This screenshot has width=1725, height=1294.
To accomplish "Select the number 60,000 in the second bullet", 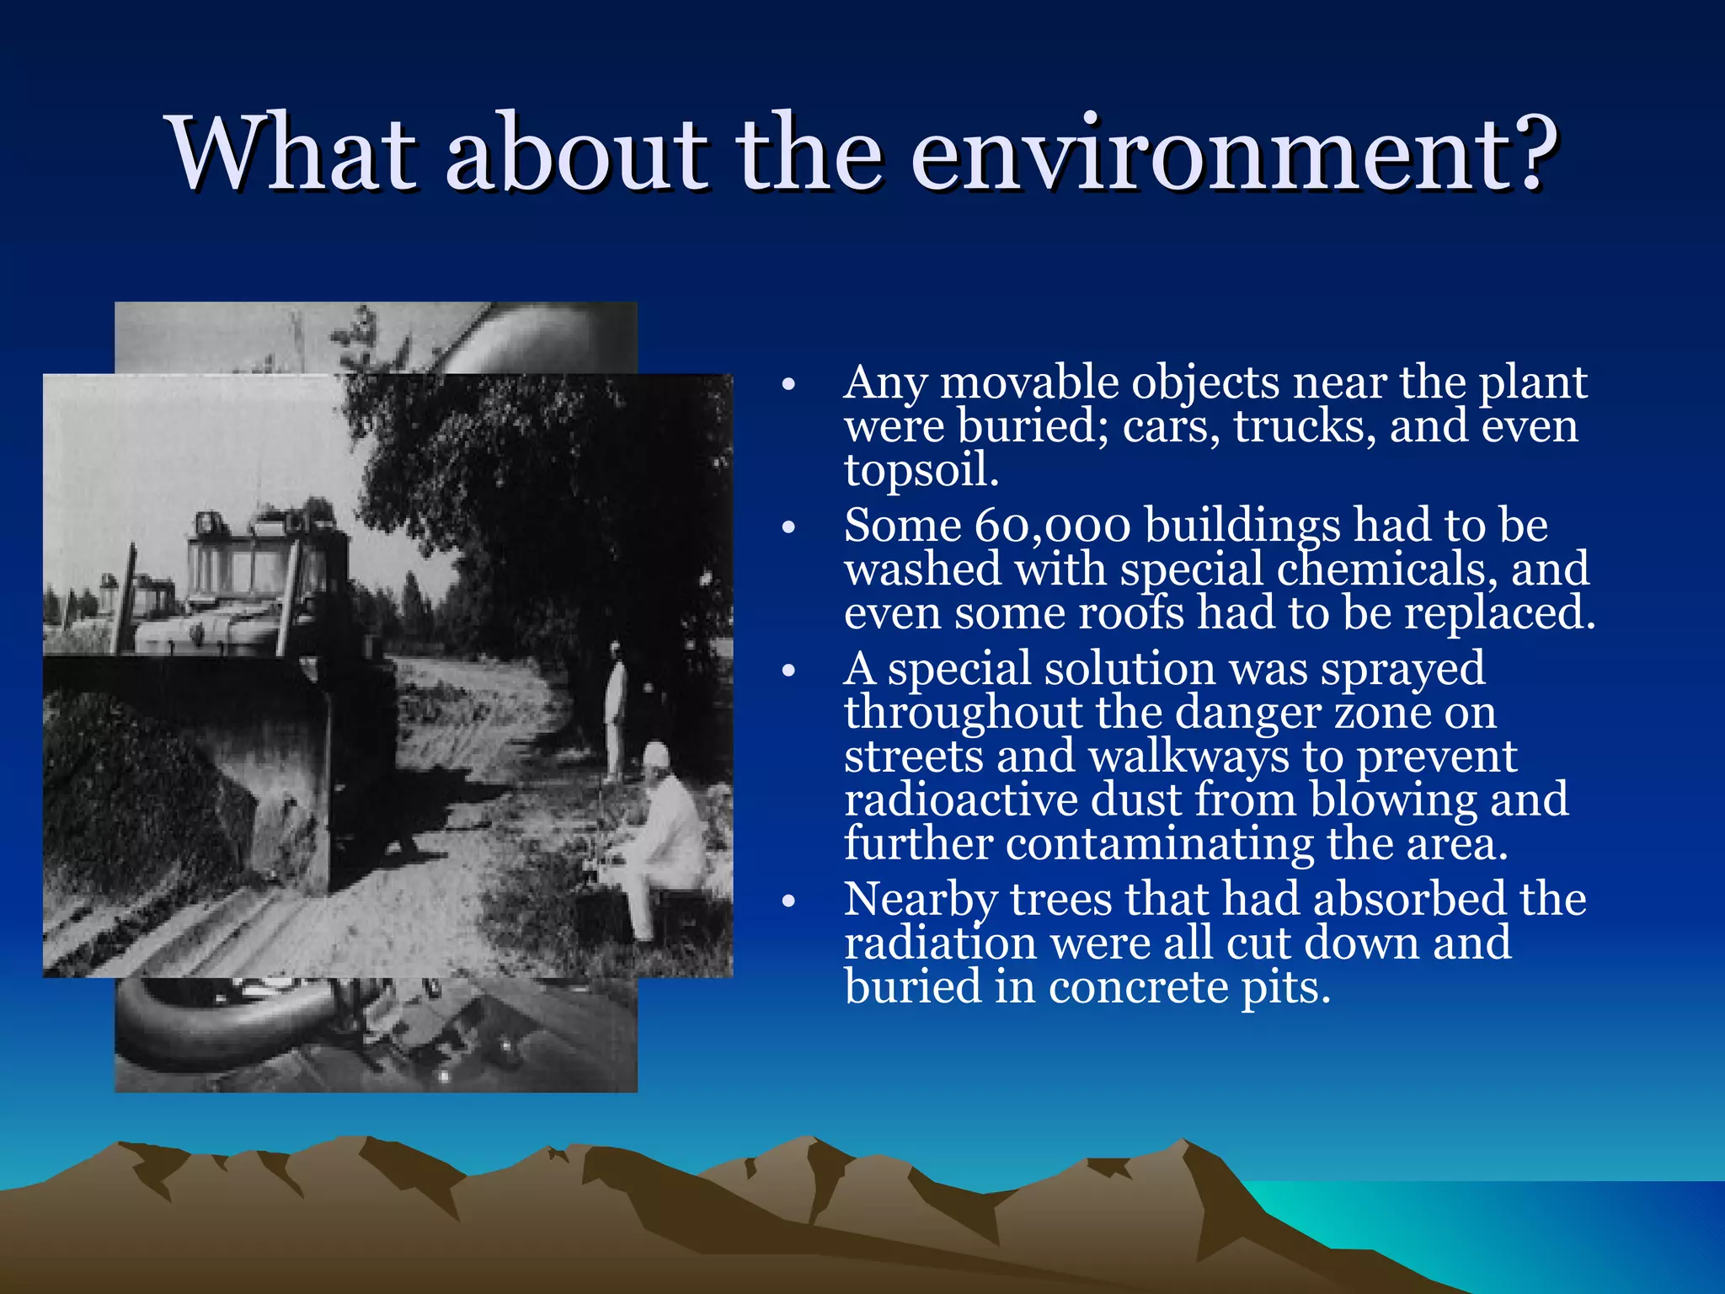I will (x=1052, y=526).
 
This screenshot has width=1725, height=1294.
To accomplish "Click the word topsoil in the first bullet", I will (x=920, y=470).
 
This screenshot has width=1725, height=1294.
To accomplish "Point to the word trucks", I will (x=1305, y=426).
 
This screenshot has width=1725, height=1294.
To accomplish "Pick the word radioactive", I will (x=960, y=799).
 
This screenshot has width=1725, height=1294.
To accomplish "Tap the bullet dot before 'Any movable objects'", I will (x=788, y=385).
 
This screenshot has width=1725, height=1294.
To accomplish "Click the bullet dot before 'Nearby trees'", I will (x=788, y=901).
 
